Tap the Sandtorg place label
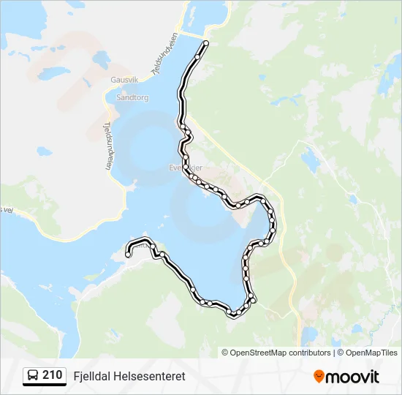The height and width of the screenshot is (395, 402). click(x=132, y=97)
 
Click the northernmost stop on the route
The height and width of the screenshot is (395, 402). click(x=205, y=44)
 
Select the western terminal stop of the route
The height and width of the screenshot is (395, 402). click(x=128, y=255)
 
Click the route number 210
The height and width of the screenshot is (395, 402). click(x=52, y=375)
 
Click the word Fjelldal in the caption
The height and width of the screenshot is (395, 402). click(x=91, y=376)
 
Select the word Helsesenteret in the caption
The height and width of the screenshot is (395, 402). click(x=148, y=376)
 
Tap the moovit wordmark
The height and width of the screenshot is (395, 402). click(x=353, y=377)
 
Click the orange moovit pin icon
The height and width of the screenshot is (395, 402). click(x=319, y=376)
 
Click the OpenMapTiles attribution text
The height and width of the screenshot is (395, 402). click(x=372, y=353)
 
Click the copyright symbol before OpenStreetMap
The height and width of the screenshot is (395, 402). click(x=225, y=353)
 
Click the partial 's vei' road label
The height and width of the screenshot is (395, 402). click(x=7, y=209)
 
